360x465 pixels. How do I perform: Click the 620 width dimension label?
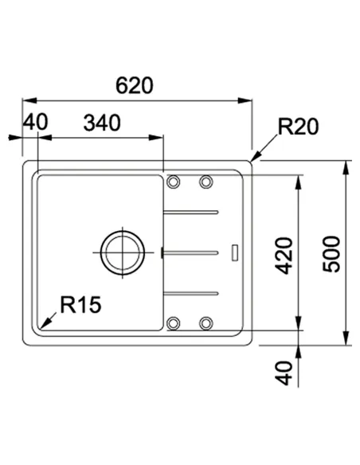click(x=135, y=85)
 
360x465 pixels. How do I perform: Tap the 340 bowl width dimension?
click(x=102, y=123)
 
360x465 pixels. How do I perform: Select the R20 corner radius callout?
click(x=298, y=127)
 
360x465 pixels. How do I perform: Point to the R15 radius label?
click(x=80, y=304)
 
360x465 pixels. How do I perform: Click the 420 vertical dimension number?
click(x=284, y=256)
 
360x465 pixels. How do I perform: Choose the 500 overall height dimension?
click(x=331, y=254)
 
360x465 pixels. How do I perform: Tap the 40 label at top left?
click(x=35, y=122)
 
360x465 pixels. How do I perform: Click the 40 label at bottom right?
click(x=284, y=373)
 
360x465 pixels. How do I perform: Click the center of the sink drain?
click(x=123, y=252)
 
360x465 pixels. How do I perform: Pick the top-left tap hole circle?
click(x=174, y=182)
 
